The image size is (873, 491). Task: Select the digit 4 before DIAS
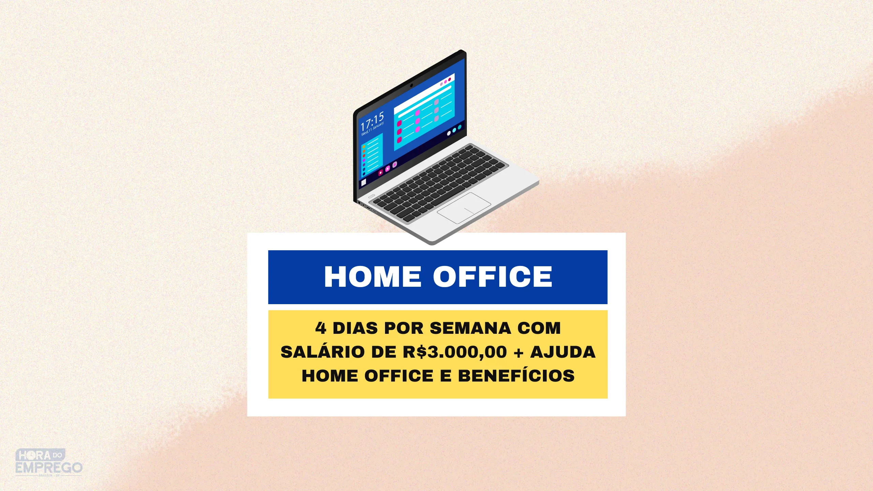321,328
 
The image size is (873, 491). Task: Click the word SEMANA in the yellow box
470,328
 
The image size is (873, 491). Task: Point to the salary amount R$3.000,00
455,352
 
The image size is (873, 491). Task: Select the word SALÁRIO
323,352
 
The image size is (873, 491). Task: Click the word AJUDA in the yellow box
563,352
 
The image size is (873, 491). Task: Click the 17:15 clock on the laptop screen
372,121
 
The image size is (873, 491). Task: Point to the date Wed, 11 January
373,129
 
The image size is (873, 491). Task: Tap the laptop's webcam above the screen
412,85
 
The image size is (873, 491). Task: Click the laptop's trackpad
464,208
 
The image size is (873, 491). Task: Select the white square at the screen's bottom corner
364,182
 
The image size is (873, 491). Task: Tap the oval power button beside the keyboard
371,196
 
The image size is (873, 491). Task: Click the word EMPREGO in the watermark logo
49,467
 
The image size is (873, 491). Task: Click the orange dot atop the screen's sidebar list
364,147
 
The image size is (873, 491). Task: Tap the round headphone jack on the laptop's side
363,205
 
